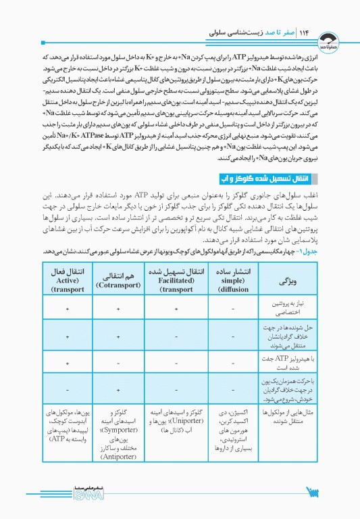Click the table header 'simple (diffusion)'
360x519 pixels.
[x=233, y=278]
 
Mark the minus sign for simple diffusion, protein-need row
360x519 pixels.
[x=233, y=308]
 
